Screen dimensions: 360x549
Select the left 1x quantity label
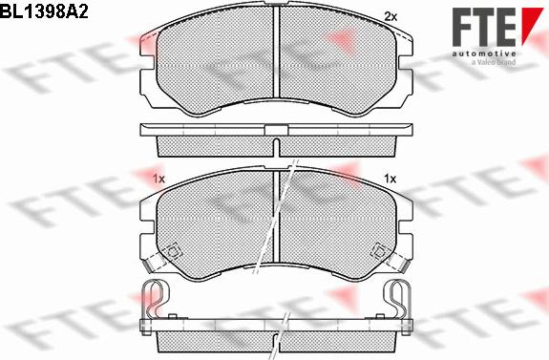158,179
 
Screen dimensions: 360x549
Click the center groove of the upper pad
275,63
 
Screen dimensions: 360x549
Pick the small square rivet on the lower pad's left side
174,252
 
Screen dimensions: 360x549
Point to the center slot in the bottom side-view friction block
275,340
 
